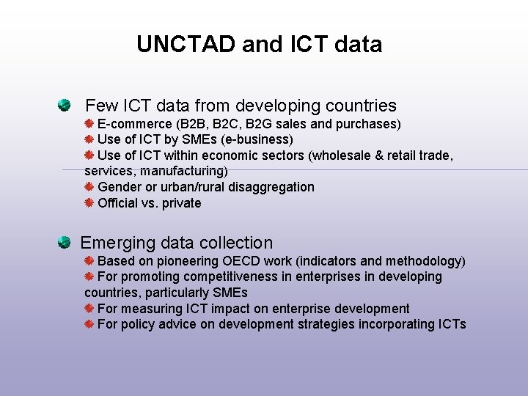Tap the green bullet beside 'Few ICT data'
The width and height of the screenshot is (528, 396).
66,105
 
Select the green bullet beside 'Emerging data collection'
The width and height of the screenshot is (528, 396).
65,242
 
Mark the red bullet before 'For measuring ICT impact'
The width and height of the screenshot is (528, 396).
89,309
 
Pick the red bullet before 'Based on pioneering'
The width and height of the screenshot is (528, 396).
89,260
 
